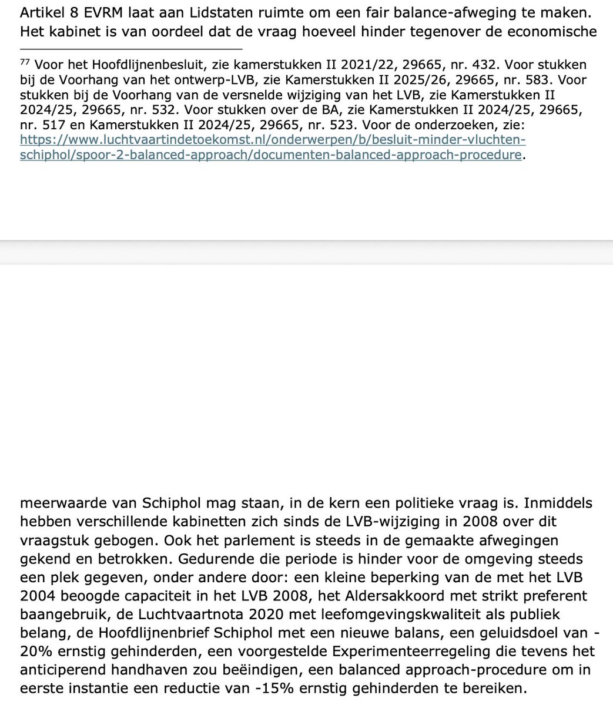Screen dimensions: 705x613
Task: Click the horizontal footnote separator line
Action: pos(131,49)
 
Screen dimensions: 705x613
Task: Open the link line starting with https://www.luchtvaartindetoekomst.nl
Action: pos(272,140)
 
